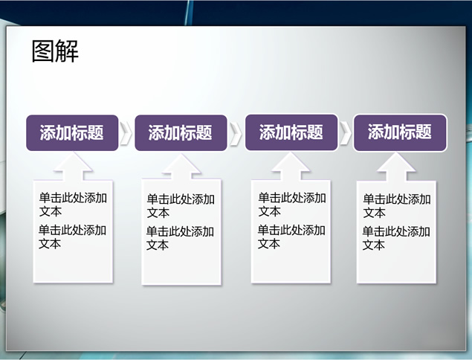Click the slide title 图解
[55, 51]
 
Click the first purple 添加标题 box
[72, 133]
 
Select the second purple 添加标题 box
[181, 133]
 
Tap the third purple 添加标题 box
[291, 132]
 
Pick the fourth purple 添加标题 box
[400, 132]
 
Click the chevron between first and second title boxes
[126, 133]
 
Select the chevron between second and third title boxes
[236, 133]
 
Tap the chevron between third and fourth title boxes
[346, 132]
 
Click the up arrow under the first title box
[73, 167]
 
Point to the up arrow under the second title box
[181, 167]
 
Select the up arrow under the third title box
[291, 167]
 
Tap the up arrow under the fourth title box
[396, 167]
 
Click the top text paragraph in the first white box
[73, 205]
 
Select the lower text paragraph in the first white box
[72, 237]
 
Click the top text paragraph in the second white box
[181, 206]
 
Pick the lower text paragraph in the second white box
[180, 238]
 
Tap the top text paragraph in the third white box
[292, 205]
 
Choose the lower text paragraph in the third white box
[291, 237]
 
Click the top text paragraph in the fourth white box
[397, 206]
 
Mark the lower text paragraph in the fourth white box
[396, 238]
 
